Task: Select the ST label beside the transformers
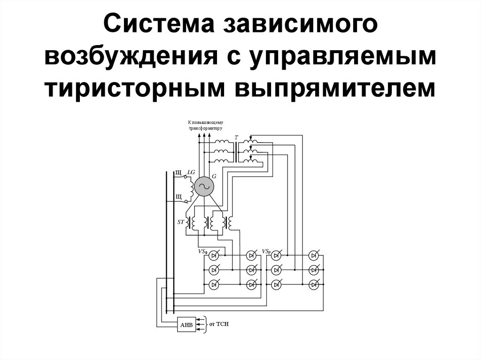181,222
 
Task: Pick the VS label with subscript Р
266,252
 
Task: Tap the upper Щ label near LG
178,173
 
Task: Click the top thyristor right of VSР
277,255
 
